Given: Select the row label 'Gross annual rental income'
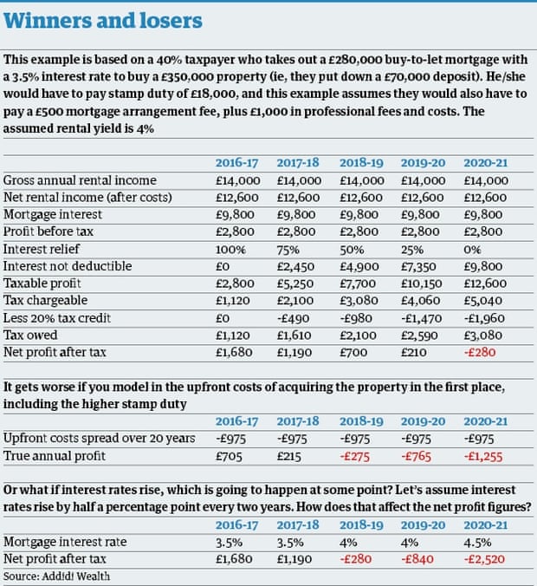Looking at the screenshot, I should coord(80,181).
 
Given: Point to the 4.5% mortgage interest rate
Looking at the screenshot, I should coord(479,542).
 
